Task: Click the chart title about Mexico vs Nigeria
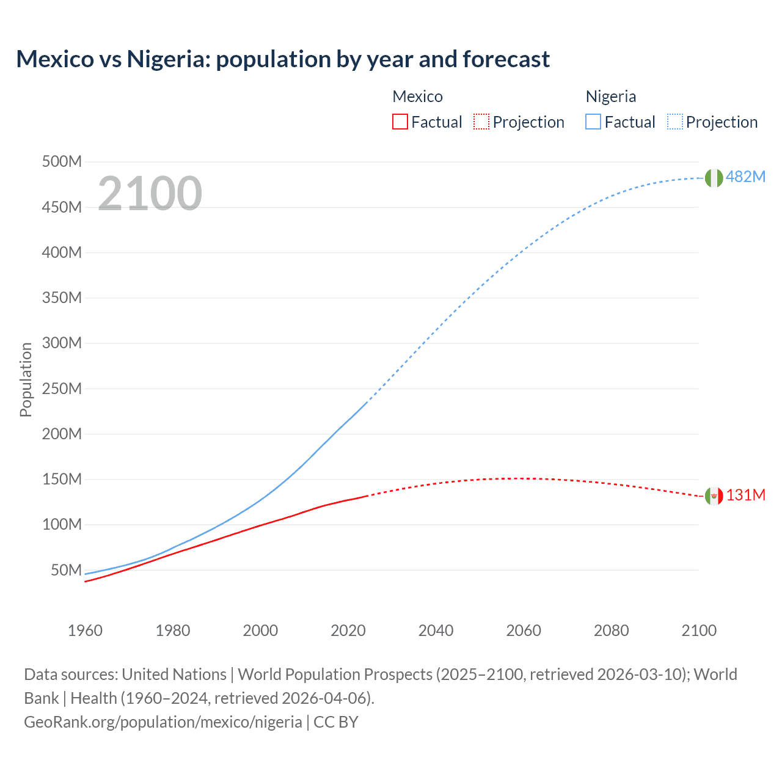[x=283, y=59]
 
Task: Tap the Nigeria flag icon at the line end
[x=714, y=178]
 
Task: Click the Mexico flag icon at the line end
[x=714, y=496]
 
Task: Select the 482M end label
[x=745, y=177]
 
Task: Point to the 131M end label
[x=745, y=495]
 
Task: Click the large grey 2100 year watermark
[x=150, y=194]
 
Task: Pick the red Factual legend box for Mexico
[x=400, y=122]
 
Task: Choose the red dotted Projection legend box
[x=481, y=122]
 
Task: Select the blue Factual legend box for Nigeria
[x=593, y=122]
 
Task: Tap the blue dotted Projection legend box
[x=675, y=122]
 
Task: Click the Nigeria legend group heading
[x=610, y=97]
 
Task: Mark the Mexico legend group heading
[x=417, y=97]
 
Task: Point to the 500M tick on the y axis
[x=62, y=162]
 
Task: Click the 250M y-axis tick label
[x=62, y=389]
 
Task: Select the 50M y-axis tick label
[x=66, y=570]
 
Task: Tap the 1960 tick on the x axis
[x=85, y=630]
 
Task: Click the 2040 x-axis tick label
[x=436, y=630]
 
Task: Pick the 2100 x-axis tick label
[x=699, y=630]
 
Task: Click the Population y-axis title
[x=26, y=379]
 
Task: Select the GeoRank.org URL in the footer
[x=163, y=722]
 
